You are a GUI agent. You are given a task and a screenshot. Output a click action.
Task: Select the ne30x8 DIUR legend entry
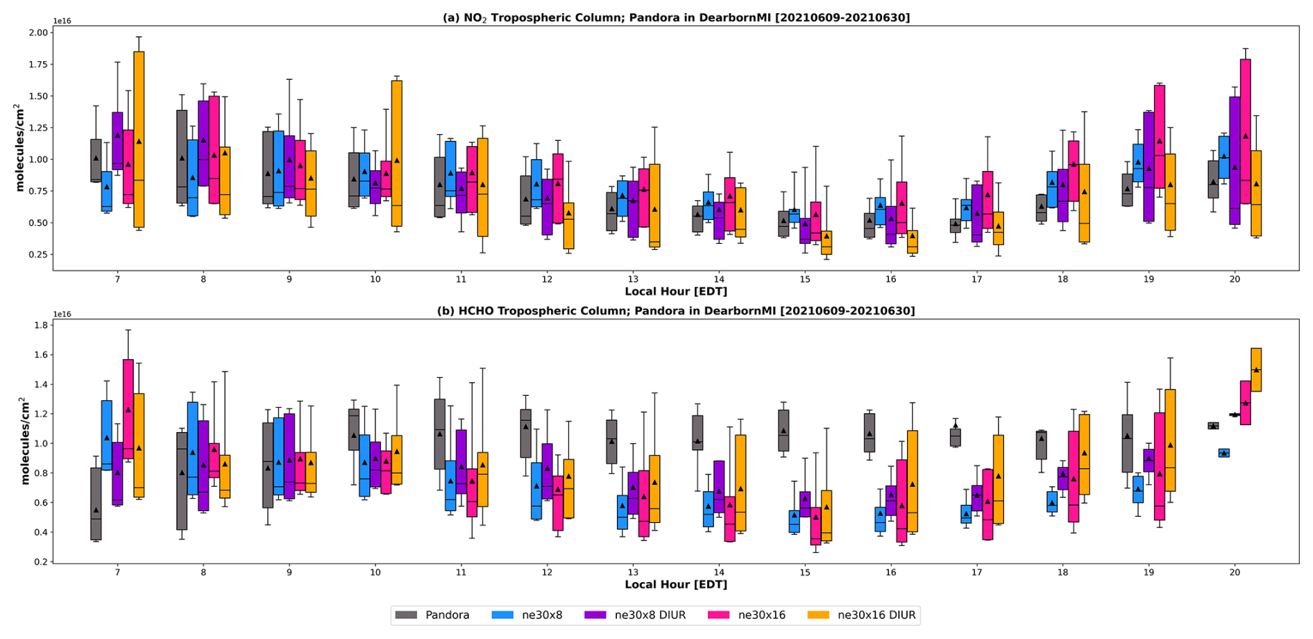tap(650, 615)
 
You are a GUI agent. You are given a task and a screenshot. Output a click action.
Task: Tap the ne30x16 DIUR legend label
tap(876, 615)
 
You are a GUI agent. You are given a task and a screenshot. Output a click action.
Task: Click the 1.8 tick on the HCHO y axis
tap(41, 325)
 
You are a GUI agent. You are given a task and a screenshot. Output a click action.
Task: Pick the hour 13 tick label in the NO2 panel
tap(633, 279)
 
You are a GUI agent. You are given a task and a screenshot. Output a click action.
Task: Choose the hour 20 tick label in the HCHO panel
tap(1235, 572)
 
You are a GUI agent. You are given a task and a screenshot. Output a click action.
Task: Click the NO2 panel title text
tap(676, 17)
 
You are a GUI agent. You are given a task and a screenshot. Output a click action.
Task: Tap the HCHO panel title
tap(676, 310)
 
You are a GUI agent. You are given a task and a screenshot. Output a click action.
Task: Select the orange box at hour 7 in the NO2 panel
tap(139, 139)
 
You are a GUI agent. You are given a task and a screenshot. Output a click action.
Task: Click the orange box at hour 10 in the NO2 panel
tap(397, 153)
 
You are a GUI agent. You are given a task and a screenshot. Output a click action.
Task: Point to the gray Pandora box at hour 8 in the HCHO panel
tap(182, 481)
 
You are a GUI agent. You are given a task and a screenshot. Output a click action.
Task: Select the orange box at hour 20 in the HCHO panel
tap(1256, 370)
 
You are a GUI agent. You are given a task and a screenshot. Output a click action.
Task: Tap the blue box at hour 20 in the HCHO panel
tap(1224, 453)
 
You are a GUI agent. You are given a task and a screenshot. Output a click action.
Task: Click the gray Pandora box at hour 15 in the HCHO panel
tap(783, 431)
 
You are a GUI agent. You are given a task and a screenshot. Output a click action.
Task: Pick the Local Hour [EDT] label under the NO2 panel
tap(676, 291)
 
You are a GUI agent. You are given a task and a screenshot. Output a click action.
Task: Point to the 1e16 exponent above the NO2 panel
tap(62, 21)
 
